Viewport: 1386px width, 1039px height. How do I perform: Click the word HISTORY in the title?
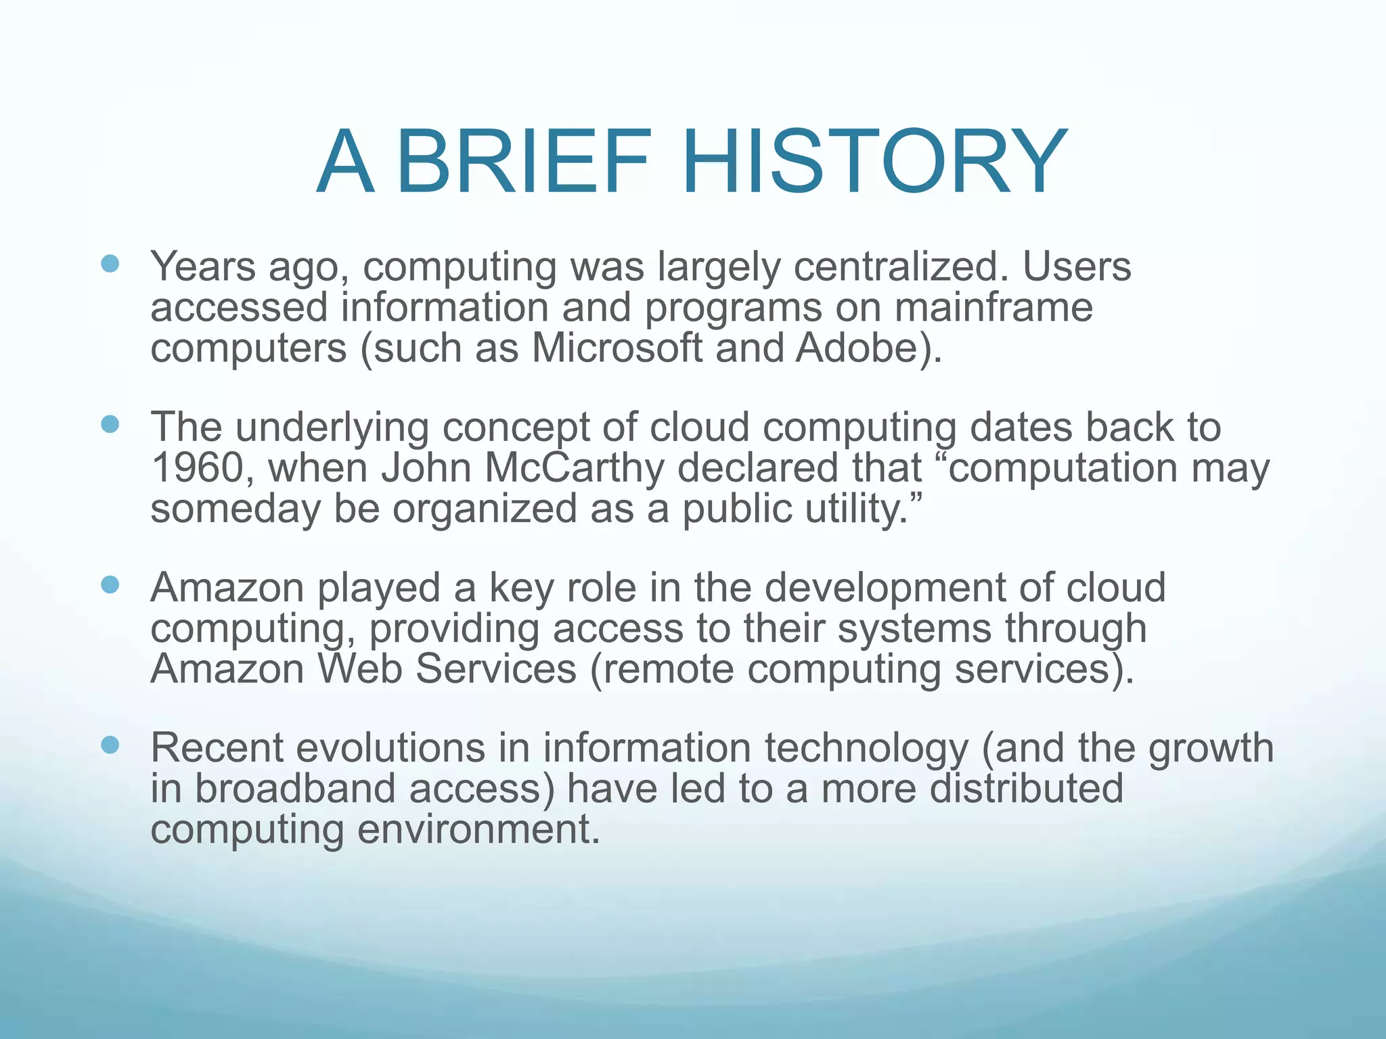tap(873, 163)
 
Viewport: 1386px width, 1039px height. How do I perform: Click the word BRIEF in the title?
tap(524, 163)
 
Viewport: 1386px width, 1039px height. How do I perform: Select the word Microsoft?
tap(617, 348)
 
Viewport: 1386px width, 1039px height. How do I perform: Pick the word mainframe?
tap(993, 308)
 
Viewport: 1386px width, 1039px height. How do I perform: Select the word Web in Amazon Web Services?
tap(359, 669)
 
